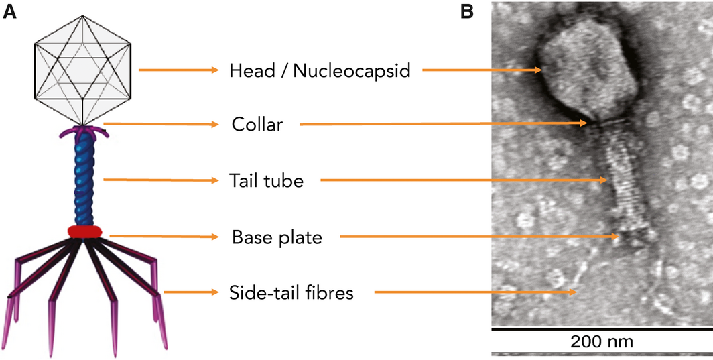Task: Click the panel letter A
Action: point(9,12)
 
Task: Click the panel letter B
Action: point(467,12)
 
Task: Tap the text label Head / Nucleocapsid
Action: point(320,70)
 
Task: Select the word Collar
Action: point(257,124)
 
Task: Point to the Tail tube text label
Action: point(266,181)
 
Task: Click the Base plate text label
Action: point(277,237)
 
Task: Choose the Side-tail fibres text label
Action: point(291,293)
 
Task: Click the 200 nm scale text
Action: point(602,341)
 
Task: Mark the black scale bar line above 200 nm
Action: point(602,328)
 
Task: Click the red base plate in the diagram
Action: point(84,231)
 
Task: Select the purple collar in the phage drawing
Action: point(83,131)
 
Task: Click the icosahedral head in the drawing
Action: point(83,70)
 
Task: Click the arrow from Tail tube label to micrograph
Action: point(464,180)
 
